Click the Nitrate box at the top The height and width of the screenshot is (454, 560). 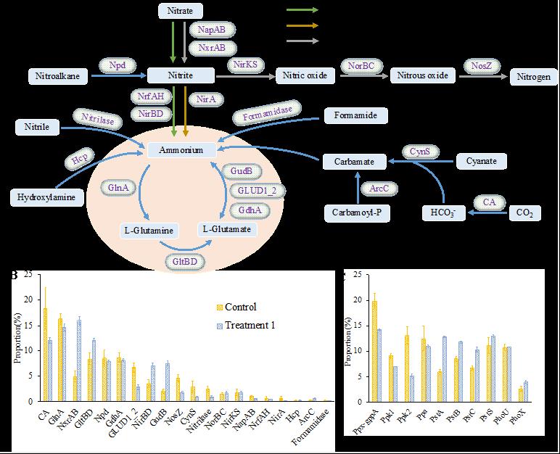[x=181, y=11]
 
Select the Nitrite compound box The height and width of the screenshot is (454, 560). [x=181, y=75]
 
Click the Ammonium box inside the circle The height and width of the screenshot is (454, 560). [x=181, y=149]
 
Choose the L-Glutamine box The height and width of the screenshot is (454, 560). [x=147, y=231]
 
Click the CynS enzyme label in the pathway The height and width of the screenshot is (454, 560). [x=420, y=152]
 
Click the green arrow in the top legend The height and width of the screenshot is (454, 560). [x=302, y=10]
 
